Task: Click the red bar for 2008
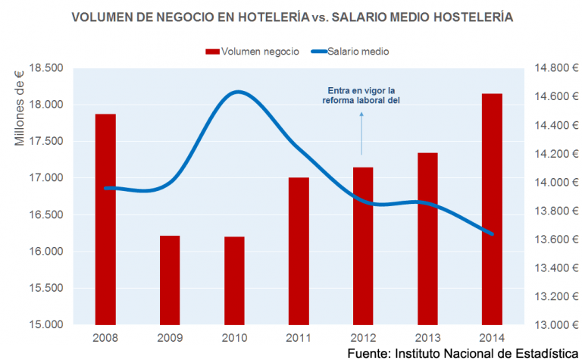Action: tap(105, 219)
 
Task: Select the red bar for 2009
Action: tap(170, 280)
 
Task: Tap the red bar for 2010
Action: tap(235, 281)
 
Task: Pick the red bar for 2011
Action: tap(299, 252)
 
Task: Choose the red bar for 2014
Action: tap(492, 209)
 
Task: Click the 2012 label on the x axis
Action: tap(363, 338)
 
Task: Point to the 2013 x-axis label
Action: tap(427, 338)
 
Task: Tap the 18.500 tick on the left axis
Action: tap(46, 68)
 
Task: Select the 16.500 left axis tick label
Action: tap(46, 215)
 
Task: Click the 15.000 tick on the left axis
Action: tap(46, 324)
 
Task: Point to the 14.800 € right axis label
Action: tap(556, 68)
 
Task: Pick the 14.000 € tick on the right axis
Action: tap(556, 182)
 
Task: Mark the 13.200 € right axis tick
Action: tap(556, 296)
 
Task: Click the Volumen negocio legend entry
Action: tap(252, 52)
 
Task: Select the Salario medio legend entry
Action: tap(350, 52)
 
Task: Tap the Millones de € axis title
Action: tap(19, 108)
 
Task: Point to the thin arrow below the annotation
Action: tap(361, 133)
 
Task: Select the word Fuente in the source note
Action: tap(369, 353)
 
